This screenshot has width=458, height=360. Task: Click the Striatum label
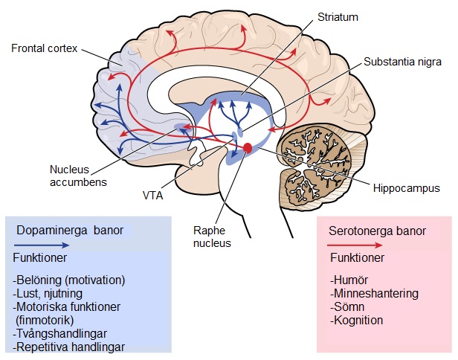point(338,16)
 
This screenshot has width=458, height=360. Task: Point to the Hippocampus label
point(405,189)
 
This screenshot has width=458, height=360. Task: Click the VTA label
point(153,196)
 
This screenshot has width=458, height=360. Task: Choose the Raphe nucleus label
point(211,237)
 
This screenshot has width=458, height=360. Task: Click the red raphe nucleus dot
point(248,148)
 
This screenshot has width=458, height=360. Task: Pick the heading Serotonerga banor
point(377,231)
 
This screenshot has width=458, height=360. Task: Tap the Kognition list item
point(356,321)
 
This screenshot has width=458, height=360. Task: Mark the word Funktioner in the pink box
point(356,258)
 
